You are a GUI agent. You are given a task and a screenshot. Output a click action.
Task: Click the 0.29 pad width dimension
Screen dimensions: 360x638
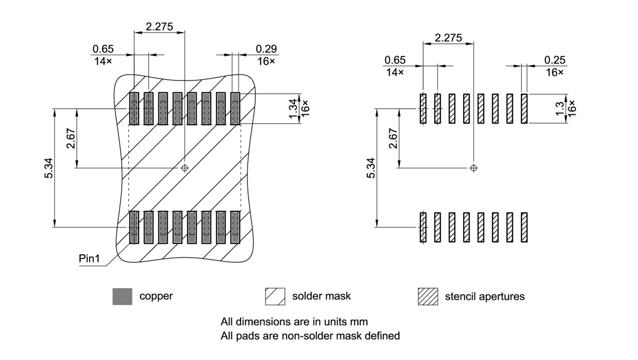tap(266, 49)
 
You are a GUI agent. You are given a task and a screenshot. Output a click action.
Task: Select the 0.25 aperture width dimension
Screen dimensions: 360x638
tap(555, 60)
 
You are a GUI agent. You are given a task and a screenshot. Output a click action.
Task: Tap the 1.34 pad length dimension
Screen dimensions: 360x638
tap(293, 108)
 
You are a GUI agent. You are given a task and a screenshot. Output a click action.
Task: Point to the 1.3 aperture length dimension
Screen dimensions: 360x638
tap(560, 108)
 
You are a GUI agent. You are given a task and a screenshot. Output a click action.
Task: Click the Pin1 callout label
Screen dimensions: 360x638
tap(89, 259)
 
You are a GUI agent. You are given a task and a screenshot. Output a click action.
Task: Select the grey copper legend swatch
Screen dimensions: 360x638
tap(122, 297)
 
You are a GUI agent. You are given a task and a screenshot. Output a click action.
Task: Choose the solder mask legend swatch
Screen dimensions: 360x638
tap(275, 297)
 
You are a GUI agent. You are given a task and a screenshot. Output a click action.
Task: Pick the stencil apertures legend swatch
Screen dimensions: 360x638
tap(427, 297)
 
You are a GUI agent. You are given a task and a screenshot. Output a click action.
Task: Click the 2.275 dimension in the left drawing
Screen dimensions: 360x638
tap(159, 26)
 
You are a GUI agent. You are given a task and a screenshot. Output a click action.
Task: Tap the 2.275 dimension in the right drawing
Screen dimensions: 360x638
tap(448, 38)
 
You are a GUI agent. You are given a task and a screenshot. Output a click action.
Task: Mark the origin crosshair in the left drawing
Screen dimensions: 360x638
tap(185, 168)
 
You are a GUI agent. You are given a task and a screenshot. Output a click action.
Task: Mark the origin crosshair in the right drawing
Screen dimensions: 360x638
tap(474, 168)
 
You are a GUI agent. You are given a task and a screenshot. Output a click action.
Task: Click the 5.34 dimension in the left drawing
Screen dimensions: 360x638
tap(48, 168)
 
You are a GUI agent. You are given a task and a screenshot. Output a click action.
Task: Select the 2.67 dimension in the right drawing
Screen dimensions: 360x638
tap(393, 138)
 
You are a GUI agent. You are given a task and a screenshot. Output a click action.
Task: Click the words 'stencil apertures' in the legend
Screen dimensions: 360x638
tap(484, 297)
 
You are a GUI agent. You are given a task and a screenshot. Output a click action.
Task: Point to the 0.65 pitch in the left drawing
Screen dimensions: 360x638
tap(103, 49)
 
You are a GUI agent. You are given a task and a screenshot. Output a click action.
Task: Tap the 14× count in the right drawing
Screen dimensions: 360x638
tap(394, 72)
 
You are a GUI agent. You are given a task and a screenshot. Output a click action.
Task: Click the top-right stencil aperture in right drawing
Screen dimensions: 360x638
tap(524, 108)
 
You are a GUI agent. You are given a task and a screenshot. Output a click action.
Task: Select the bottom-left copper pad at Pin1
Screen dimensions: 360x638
tap(134, 227)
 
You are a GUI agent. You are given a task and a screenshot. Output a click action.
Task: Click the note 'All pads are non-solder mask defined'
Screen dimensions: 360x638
tap(310, 336)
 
